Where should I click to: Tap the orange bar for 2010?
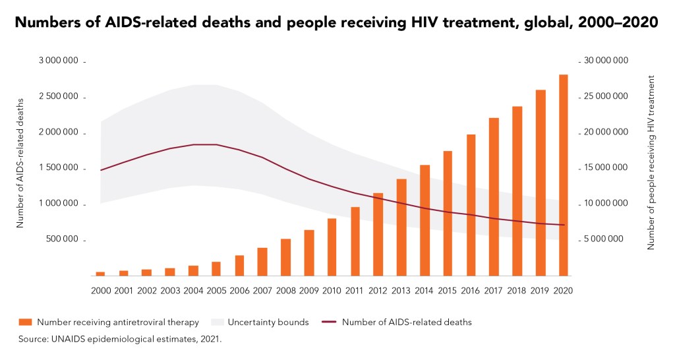[332, 247]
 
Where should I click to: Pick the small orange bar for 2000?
[100, 273]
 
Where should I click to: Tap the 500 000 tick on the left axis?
[65, 240]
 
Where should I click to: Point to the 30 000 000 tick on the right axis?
[606, 61]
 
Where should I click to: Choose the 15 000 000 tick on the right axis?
[606, 169]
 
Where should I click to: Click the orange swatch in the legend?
[26, 322]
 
